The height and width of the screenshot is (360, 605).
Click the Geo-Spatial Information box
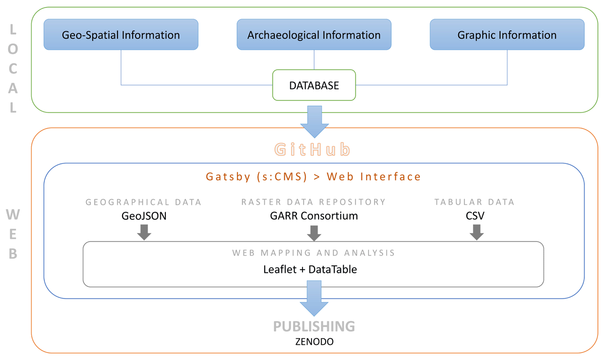pos(121,35)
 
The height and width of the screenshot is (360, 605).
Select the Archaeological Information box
pos(314,35)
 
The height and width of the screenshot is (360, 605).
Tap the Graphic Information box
pos(507,35)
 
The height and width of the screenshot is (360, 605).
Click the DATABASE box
pos(314,85)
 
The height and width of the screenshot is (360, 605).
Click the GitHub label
pos(312,150)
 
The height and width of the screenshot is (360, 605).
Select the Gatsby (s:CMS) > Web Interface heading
pos(314,176)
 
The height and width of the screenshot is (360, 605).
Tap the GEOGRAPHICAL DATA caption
pos(144,202)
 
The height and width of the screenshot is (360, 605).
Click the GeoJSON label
pos(144,216)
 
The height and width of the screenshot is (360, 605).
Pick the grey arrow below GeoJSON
pos(144,232)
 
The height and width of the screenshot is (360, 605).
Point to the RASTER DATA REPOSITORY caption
pos(314,202)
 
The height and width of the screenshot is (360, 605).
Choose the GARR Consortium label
pos(314,216)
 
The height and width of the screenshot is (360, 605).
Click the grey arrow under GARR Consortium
pos(314,232)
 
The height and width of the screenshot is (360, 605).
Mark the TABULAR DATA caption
pos(474,202)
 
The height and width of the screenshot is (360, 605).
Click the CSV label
pos(475,216)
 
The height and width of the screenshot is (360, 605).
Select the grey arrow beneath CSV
pos(476,232)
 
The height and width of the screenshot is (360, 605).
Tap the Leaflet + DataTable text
pos(310,269)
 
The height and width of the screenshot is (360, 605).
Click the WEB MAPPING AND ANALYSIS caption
pos(314,253)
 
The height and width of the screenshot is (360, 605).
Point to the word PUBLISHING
pos(314,326)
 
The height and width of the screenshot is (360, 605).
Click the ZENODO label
pos(314,342)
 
